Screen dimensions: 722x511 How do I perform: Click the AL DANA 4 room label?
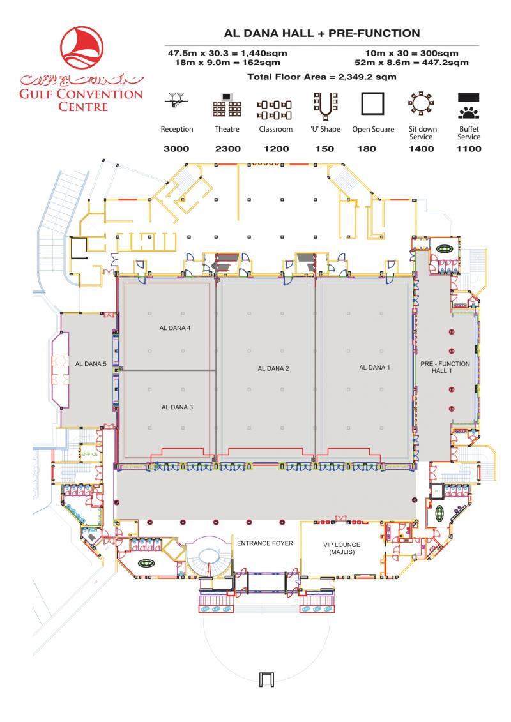pos(175,329)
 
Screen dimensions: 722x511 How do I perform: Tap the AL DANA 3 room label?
pos(177,407)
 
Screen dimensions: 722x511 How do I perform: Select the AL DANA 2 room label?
pos(273,368)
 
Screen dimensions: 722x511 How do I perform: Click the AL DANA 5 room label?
pos(90,364)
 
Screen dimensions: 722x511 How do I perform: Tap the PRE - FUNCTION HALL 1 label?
pos(445,367)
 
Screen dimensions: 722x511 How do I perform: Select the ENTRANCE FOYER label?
pos(264,543)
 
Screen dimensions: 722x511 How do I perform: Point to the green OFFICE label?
pos(89,454)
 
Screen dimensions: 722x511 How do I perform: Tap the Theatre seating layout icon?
pos(227,105)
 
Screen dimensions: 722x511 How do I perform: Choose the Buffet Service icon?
pos(468,106)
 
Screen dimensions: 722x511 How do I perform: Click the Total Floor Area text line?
pos(321,77)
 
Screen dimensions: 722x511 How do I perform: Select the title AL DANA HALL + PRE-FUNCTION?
pos(321,33)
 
